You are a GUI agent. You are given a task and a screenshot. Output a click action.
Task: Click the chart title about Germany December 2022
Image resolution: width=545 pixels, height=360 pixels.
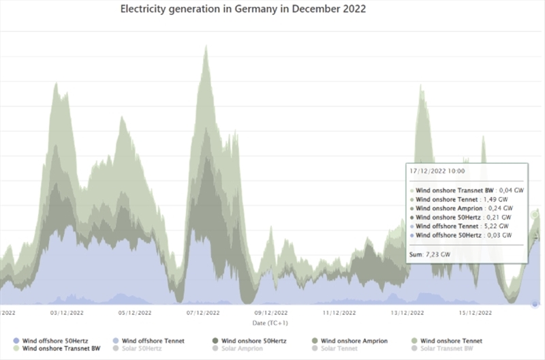[x=243, y=10]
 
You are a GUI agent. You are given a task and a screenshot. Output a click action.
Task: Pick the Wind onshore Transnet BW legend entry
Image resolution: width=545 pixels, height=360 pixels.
[x=60, y=348]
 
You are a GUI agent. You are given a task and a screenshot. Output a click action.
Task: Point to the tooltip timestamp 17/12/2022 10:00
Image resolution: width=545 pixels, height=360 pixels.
[x=437, y=171]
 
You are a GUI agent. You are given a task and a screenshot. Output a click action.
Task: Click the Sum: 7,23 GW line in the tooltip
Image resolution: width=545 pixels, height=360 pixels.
[x=430, y=254]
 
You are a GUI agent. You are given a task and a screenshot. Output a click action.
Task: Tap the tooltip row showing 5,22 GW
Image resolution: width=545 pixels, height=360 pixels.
[x=463, y=226]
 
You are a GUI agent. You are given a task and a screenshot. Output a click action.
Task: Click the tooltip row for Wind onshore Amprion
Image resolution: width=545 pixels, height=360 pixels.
[x=464, y=208]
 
